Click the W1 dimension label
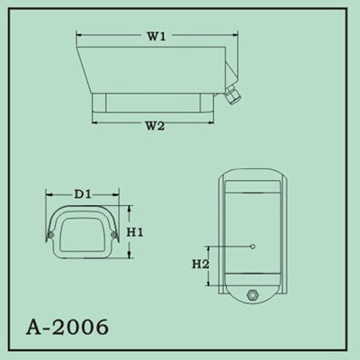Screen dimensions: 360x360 click(156, 37)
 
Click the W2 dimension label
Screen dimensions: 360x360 click(154, 126)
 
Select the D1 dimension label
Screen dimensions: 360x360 click(82, 193)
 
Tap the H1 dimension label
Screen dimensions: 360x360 click(135, 231)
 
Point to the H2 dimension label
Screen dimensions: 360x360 click(201, 265)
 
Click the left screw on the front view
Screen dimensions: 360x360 click(52, 236)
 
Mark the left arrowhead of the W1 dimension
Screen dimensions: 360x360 click(77, 37)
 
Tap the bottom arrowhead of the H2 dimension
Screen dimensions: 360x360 click(211, 284)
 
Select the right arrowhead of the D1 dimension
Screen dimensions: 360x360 click(119, 193)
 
